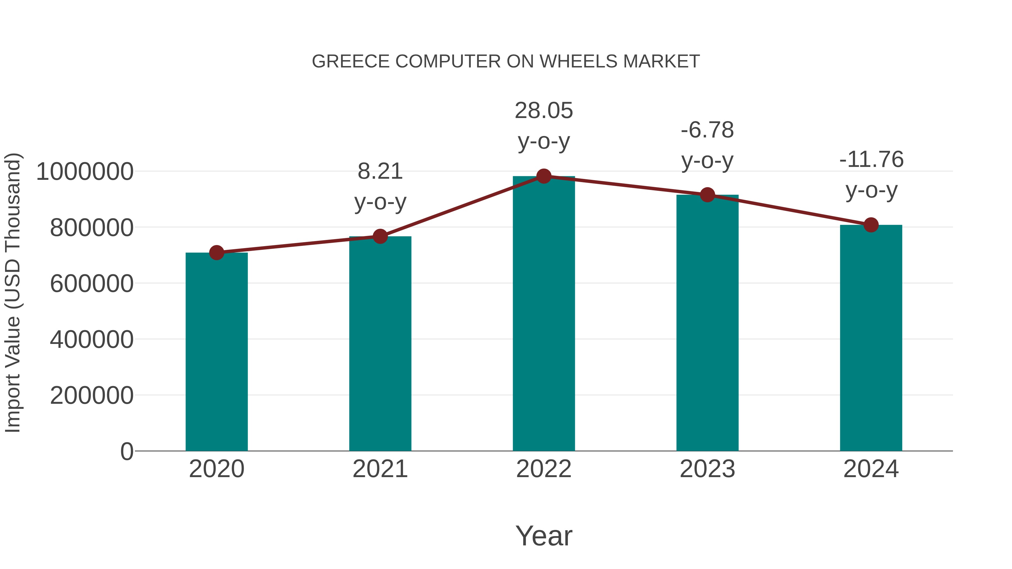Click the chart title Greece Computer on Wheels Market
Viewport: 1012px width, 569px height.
(x=506, y=62)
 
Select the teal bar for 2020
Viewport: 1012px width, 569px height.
(x=216, y=353)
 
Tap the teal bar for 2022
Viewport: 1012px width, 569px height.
(x=544, y=314)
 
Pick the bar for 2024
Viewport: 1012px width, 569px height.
(x=871, y=338)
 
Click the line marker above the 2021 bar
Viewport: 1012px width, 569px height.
(x=380, y=236)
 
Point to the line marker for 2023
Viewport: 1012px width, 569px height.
(x=707, y=195)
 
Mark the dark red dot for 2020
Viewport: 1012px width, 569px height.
(x=216, y=253)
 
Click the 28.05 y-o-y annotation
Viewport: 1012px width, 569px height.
(x=544, y=126)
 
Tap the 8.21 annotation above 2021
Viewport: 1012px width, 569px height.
(x=380, y=187)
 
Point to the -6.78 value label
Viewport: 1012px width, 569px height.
(x=707, y=145)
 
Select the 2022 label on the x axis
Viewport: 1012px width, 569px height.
(x=544, y=469)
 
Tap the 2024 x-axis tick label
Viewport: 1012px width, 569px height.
(x=871, y=469)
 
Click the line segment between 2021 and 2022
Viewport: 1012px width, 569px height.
(x=462, y=207)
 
